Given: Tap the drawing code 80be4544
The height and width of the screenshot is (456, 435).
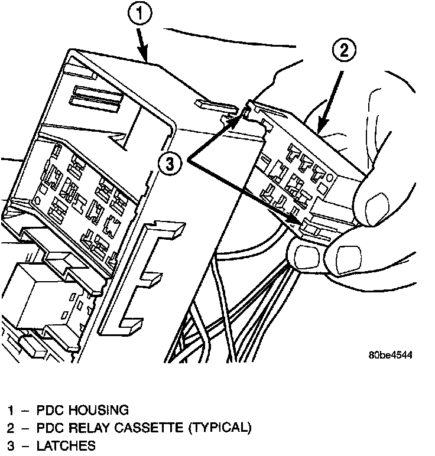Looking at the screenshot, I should (x=389, y=356).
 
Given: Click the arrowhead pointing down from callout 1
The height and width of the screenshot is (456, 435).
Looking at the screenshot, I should (x=144, y=57).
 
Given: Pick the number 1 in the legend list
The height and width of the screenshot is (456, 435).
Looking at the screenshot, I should (x=11, y=410).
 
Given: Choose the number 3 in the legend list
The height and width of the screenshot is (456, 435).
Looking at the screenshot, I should (x=11, y=445).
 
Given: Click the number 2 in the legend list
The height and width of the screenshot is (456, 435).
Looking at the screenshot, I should (x=11, y=427).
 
